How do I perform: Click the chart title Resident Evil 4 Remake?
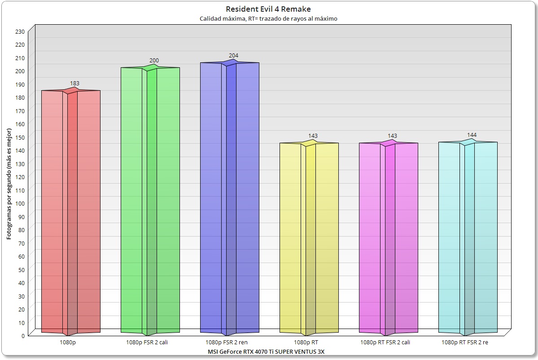268,9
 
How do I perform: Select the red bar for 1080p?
70,211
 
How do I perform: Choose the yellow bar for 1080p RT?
309,238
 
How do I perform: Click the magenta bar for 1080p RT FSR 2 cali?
388,238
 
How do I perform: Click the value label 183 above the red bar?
74,83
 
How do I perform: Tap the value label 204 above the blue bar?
233,56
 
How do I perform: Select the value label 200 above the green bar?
154,61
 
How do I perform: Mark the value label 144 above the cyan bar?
472,135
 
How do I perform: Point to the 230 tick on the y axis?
20,31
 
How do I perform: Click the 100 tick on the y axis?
20,203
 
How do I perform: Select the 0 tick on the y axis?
22,335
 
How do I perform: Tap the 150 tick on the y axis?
20,137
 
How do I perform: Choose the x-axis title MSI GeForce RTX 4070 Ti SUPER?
266,351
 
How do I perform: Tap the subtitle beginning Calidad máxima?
268,19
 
